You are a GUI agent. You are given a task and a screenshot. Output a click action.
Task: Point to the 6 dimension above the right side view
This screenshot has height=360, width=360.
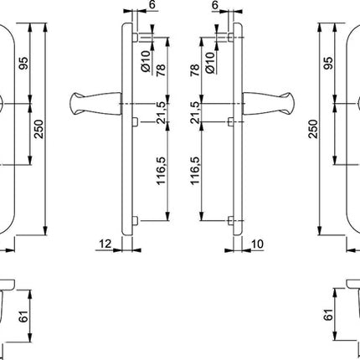pos(215,7)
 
